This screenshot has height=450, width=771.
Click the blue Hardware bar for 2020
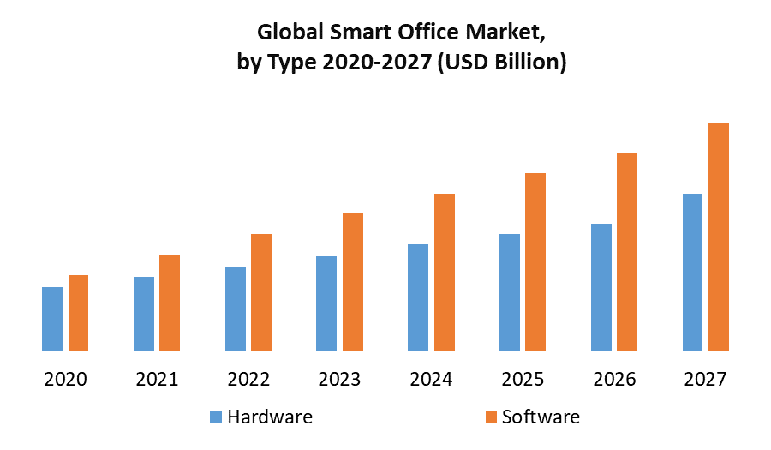(52, 319)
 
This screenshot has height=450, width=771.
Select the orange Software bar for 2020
(78, 313)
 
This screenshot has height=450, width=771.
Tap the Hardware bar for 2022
(236, 309)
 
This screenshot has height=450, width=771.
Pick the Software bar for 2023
(353, 282)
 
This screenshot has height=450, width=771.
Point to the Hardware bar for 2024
(418, 297)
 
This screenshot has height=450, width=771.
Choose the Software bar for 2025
(535, 261)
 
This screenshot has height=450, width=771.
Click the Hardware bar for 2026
(601, 287)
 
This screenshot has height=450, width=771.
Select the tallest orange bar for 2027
(718, 237)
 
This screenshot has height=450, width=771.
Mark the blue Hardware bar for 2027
(692, 272)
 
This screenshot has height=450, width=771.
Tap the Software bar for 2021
(170, 303)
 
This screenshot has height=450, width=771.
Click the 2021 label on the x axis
(157, 378)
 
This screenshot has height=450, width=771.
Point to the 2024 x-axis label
(431, 378)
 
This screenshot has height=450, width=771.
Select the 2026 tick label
(613, 378)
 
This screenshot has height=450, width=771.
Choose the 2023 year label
(339, 378)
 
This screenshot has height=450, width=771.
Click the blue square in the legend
(216, 417)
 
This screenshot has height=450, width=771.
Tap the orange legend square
(490, 417)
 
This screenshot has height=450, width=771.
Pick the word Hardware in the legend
(270, 417)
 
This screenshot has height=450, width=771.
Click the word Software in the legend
(541, 417)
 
